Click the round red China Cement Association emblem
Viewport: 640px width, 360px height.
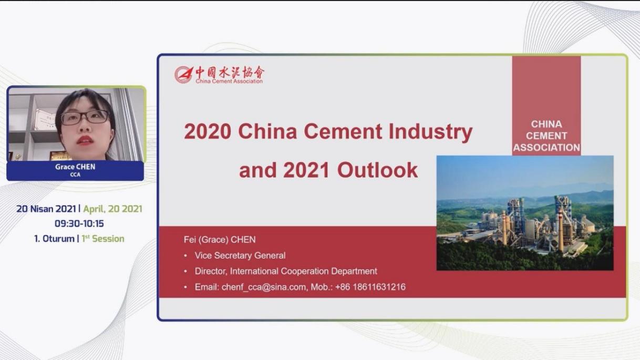click(183, 75)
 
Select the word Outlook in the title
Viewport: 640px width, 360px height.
click(377, 170)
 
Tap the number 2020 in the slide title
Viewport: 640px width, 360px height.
click(208, 131)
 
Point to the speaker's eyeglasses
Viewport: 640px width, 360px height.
click(85, 117)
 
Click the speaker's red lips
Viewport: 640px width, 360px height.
click(85, 140)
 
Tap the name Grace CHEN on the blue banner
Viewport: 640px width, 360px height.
click(75, 167)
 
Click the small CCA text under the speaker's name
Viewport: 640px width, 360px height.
click(75, 174)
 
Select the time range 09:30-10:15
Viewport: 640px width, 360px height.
click(79, 223)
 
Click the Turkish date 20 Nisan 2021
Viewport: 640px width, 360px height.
click(46, 209)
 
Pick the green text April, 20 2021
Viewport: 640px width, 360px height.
click(112, 209)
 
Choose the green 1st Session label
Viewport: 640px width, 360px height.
click(103, 239)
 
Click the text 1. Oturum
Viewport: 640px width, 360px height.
click(54, 239)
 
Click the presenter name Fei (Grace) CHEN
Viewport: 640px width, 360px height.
click(220, 240)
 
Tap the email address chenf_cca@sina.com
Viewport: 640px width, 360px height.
click(264, 287)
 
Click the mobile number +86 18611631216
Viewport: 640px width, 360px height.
click(370, 287)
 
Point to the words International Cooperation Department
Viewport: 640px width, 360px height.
click(303, 271)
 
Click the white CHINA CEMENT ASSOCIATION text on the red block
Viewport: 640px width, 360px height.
click(546, 136)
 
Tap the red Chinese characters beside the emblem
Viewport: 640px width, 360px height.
click(230, 72)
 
